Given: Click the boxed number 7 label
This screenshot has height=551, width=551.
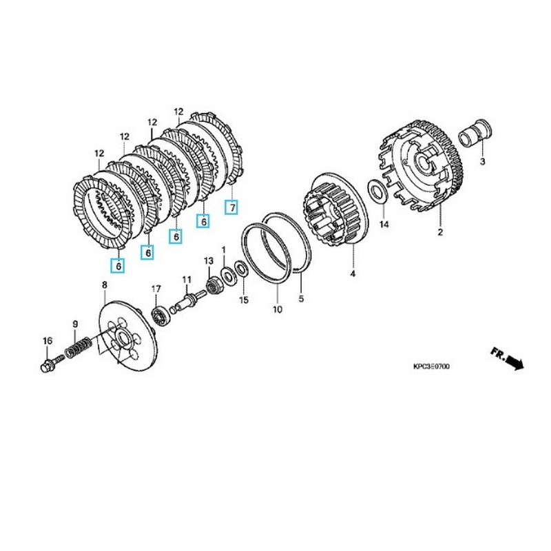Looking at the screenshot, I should click(233, 207).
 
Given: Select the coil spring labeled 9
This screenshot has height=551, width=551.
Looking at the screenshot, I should click(79, 347).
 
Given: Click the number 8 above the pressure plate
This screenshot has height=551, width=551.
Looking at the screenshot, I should click(105, 284).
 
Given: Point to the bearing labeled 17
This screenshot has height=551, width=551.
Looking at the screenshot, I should click(160, 315).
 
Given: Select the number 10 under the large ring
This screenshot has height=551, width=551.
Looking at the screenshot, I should click(277, 310).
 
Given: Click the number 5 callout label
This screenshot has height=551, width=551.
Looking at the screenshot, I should click(300, 299).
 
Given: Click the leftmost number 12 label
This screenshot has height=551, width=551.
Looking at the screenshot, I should click(99, 153).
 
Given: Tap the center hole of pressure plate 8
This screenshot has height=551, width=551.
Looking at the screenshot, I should click(123, 337).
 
